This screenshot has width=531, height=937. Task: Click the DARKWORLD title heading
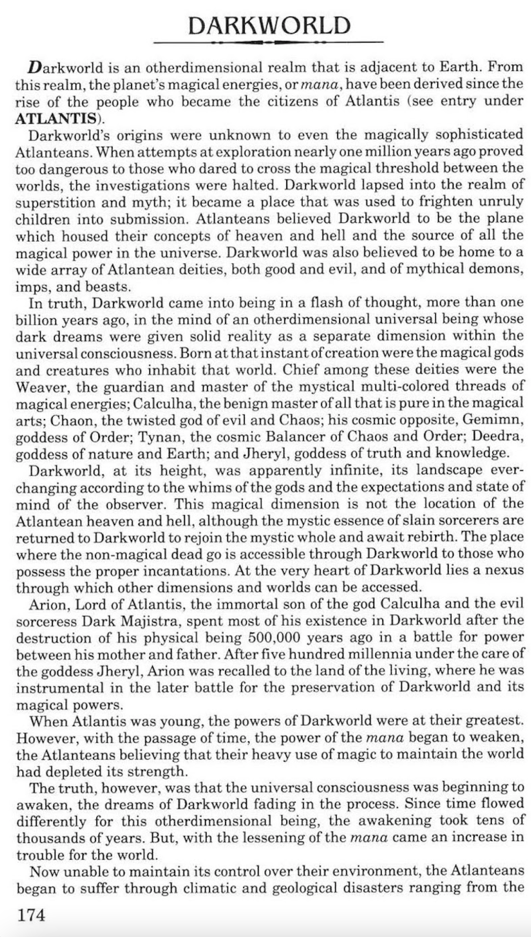click(269, 25)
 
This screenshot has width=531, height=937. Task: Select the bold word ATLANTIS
click(55, 118)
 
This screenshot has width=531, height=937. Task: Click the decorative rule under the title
click(268, 43)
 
